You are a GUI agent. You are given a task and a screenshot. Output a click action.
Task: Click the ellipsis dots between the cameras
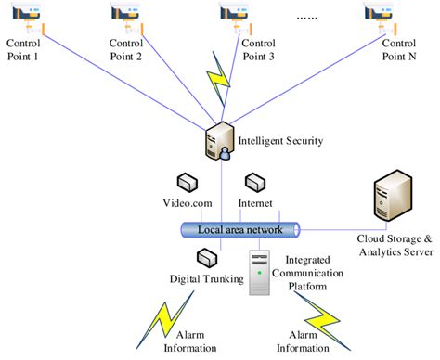click(x=308, y=18)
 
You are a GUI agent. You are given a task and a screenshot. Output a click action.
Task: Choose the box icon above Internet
click(x=254, y=182)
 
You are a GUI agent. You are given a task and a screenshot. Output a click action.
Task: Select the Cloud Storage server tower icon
click(x=393, y=197)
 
